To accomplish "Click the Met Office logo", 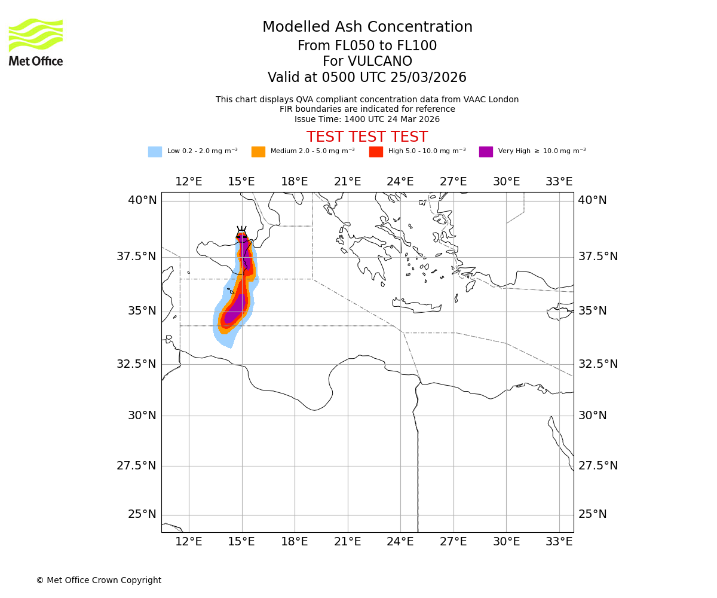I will click(36, 42).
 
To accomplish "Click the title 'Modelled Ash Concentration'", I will click(367, 28).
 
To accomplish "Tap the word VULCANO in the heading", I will click(367, 62).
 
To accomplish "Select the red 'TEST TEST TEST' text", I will click(367, 137).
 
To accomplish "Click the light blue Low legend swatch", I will click(155, 152).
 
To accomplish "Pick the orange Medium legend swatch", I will click(258, 152).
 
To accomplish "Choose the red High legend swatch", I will click(376, 152).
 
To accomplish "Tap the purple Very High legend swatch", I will click(486, 152).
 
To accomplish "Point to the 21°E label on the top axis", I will click(347, 182).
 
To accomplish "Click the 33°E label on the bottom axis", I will click(559, 542).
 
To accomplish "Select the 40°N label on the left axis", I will click(142, 200).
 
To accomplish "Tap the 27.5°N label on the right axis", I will click(597, 466).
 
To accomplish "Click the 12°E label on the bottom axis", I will click(189, 542).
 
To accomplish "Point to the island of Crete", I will click(417, 306).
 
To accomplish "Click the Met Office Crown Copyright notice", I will click(99, 580).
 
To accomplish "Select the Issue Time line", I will click(367, 119).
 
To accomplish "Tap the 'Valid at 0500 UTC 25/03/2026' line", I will click(367, 78).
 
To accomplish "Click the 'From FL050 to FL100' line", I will click(367, 46).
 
